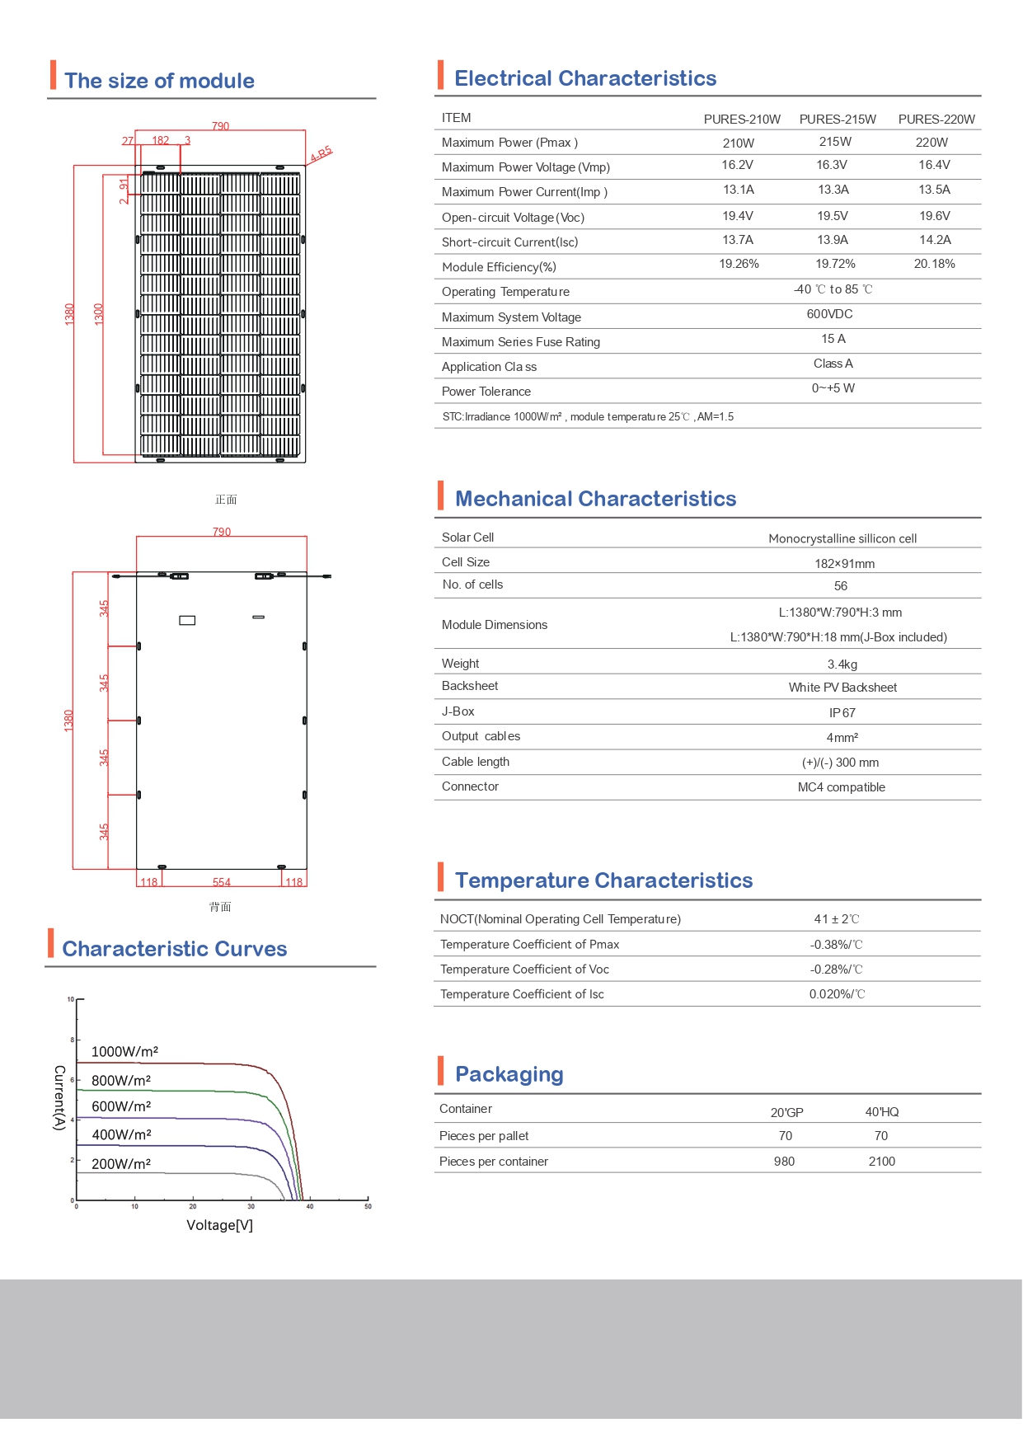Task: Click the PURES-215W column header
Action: click(x=838, y=120)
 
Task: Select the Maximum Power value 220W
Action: click(x=931, y=143)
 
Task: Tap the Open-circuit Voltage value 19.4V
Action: click(x=738, y=216)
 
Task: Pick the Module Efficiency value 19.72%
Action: click(x=835, y=264)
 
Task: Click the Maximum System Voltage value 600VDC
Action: click(x=829, y=314)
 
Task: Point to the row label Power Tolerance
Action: click(x=486, y=392)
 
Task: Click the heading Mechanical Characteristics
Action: click(x=595, y=499)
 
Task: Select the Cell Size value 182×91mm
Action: click(x=844, y=564)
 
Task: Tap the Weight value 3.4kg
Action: click(x=842, y=664)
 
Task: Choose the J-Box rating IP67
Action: click(x=842, y=713)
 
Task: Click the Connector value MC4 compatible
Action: click(x=841, y=787)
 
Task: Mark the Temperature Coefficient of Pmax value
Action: click(x=836, y=945)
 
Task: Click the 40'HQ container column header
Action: click(x=881, y=1112)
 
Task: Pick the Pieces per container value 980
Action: click(x=784, y=1162)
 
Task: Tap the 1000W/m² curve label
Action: click(x=124, y=1052)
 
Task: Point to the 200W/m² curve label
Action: click(x=121, y=1164)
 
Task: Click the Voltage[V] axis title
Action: click(x=219, y=1225)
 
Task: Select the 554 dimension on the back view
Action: click(x=222, y=882)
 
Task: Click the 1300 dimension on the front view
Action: click(x=99, y=314)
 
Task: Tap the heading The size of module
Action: click(x=159, y=81)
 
